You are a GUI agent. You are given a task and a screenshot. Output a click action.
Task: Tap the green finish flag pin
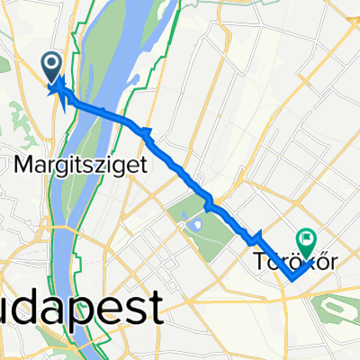[307, 239]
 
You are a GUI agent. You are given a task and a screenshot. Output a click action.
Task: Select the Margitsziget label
[71, 165]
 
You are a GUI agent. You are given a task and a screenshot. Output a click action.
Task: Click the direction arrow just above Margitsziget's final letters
[146, 133]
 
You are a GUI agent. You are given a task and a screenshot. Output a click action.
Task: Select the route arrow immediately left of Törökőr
[255, 237]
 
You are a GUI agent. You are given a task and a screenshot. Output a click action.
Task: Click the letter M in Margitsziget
[23, 164]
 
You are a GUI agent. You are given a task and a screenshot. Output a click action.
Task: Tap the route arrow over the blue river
[102, 112]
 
